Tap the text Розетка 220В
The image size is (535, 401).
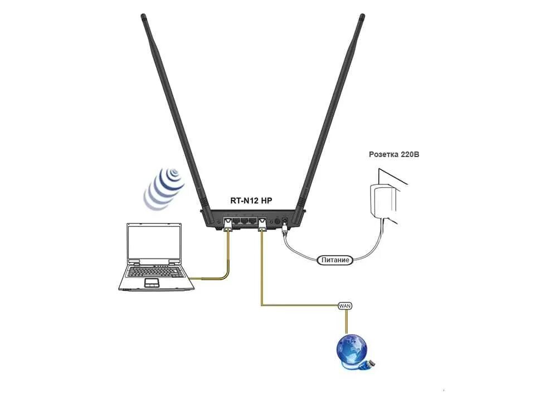pyautogui.click(x=394, y=154)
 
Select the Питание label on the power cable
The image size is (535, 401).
pyautogui.click(x=335, y=260)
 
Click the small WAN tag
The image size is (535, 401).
pyautogui.click(x=345, y=306)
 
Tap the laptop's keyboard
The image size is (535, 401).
pyautogui.click(x=156, y=272)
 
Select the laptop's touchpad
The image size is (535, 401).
pyautogui.click(x=152, y=283)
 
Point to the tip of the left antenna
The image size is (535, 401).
pyautogui.click(x=143, y=17)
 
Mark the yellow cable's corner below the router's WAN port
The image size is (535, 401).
pyautogui.click(x=261, y=305)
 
